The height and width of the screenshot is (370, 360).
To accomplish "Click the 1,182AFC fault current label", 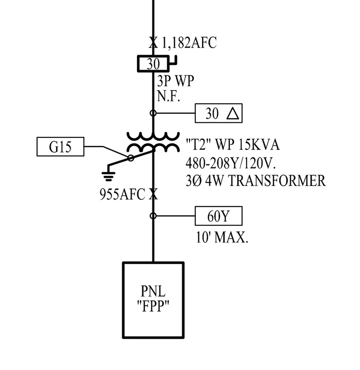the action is [189, 43].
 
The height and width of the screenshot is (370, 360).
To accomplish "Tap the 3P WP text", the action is [175, 81].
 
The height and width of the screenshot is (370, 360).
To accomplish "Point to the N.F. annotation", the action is [169, 96].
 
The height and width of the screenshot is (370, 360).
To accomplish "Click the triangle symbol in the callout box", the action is [233, 113].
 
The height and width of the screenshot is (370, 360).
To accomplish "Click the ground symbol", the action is [108, 176].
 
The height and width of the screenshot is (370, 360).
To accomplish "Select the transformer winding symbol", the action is [153, 142].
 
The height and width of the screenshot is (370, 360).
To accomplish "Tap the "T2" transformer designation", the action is [199, 145].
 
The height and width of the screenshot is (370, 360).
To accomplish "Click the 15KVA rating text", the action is [259, 145].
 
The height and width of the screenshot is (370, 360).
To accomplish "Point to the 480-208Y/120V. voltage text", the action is [230, 163].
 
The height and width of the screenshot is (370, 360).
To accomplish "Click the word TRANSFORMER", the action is [277, 181].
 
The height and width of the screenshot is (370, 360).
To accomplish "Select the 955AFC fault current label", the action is [122, 194].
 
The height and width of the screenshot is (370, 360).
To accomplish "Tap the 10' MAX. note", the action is [222, 237].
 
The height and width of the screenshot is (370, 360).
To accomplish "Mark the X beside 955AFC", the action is [153, 194].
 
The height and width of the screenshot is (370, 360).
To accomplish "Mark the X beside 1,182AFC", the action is [153, 43].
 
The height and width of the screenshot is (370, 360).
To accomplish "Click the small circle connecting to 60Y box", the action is [153, 216].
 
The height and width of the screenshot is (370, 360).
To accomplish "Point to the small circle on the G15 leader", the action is [131, 158].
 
